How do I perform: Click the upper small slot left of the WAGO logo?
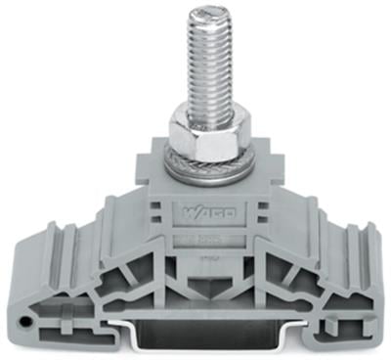coord(157,206)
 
